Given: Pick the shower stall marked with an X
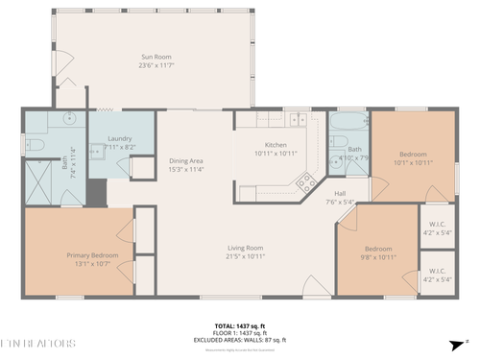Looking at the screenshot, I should pos(41,182).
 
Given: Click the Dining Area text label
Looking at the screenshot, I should pos(185,160).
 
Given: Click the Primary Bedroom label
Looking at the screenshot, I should pos(91,254).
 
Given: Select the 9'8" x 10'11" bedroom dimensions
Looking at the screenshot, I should pos(377,256).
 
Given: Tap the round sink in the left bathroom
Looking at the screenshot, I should pos(70,120).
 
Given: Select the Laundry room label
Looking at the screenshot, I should pos(119,138).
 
